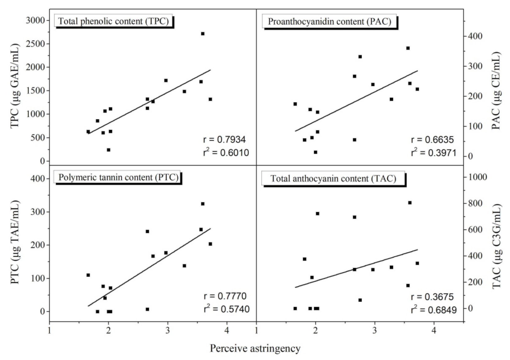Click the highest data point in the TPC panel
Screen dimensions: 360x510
tap(203, 34)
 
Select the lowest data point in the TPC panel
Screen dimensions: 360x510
tap(109, 150)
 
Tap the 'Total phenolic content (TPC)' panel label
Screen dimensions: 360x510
tap(113, 21)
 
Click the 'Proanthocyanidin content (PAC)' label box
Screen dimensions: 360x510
tap(329, 21)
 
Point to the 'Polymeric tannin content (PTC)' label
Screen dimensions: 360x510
tap(118, 177)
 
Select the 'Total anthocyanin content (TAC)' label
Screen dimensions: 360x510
tap(333, 178)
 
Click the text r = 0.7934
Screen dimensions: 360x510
tap(224, 140)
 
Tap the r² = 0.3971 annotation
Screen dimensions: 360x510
tap(434, 153)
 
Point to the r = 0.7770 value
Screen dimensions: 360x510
tap(225, 296)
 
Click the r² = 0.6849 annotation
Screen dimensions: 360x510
tap(434, 310)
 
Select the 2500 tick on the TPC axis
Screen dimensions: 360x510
tap(35, 44)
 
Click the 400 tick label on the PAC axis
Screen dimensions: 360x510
tap(475, 36)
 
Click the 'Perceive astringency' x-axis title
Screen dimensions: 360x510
tap(255, 348)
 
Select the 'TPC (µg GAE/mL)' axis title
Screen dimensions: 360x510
tap(15, 86)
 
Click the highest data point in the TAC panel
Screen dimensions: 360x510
tap(410, 203)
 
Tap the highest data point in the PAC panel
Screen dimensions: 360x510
tap(408, 48)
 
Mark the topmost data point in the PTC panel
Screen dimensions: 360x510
tap(203, 204)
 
